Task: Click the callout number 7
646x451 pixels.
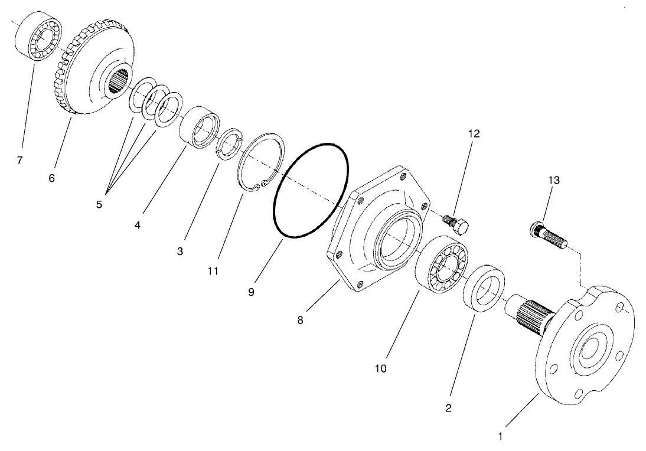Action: pos(20,160)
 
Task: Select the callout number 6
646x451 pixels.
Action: pos(52,177)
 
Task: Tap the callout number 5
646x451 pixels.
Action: pos(99,204)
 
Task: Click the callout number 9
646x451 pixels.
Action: pos(252,292)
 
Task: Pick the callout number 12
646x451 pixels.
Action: pos(474,133)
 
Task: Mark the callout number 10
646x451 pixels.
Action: pos(380,368)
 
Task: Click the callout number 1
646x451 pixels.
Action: pos(501,437)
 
